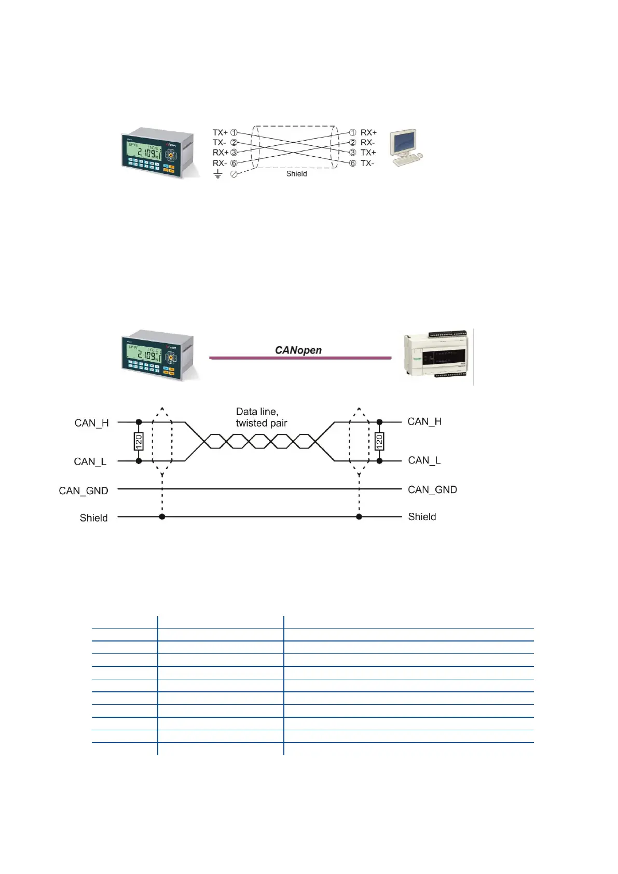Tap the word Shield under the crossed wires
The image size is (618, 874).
point(296,174)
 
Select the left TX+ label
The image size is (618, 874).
point(220,133)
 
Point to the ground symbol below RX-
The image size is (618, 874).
point(218,175)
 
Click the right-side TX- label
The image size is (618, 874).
point(367,163)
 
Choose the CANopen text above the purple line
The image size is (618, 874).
point(298,350)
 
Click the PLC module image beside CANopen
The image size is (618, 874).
point(438,357)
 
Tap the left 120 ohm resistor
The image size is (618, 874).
point(139,442)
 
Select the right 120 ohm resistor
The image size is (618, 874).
point(379,441)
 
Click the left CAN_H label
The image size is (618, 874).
point(91,423)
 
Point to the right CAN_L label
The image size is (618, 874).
point(424,460)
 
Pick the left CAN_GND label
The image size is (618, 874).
point(84,490)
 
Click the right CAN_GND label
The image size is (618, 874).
point(432,489)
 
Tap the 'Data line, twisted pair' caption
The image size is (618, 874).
point(261,417)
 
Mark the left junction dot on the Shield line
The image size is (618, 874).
point(162,517)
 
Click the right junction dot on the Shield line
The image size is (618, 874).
point(359,517)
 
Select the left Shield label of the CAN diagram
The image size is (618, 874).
point(93,518)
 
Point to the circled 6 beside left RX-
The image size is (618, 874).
point(234,163)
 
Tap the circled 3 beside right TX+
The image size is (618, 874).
point(352,153)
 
